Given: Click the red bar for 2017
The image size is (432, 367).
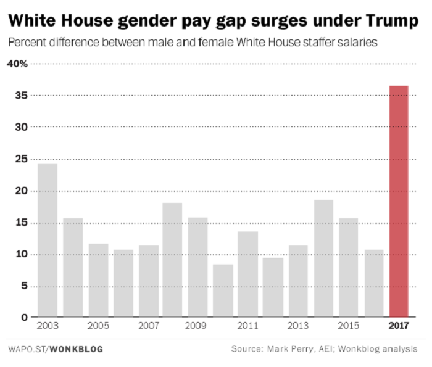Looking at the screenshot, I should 399,201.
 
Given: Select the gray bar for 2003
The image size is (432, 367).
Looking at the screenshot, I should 48,241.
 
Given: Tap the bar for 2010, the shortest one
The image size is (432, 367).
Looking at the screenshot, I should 223,291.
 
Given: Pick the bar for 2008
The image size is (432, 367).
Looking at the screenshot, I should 173,260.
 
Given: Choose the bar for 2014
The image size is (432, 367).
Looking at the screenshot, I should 323,258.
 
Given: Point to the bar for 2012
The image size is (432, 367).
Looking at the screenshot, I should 273,287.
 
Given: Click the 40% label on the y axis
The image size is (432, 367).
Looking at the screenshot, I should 19,64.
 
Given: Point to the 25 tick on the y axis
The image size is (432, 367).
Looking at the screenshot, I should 21,159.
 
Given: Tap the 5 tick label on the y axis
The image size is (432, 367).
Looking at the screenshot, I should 24,286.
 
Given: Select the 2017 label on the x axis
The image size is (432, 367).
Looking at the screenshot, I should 399,325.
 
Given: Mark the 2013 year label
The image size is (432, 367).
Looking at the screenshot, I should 298,325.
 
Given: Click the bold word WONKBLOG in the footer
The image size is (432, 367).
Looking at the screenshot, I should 76,350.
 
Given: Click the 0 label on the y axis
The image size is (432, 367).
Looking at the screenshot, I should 24,318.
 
